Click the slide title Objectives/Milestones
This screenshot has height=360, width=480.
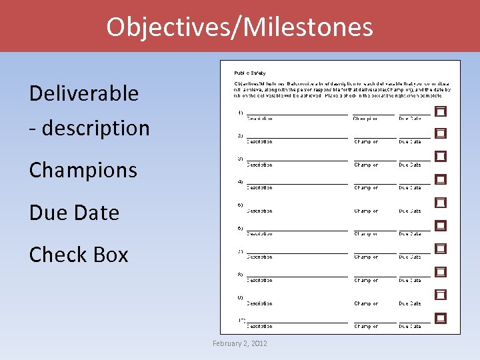(239, 27)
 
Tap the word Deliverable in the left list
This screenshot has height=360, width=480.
(83, 93)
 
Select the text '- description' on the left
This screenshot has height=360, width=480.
(89, 127)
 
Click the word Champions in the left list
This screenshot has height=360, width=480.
(83, 170)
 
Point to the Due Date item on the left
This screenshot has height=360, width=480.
(74, 213)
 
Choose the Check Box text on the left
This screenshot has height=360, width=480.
(79, 255)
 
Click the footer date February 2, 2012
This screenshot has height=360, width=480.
(239, 343)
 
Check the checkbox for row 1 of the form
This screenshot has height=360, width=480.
(441, 111)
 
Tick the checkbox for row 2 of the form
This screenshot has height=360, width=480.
(441, 133)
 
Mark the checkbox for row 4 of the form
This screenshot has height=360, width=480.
(441, 179)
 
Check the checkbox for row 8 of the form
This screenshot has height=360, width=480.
(441, 272)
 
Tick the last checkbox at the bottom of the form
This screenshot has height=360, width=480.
(441, 318)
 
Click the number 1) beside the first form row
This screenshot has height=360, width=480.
(240, 113)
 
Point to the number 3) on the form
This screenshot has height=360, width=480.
(240, 159)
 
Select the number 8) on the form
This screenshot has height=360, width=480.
(240, 274)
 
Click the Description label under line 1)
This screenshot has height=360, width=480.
(259, 119)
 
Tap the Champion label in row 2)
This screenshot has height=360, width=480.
(366, 141)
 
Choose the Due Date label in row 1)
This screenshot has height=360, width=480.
(410, 119)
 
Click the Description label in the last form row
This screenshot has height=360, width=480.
(259, 327)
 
